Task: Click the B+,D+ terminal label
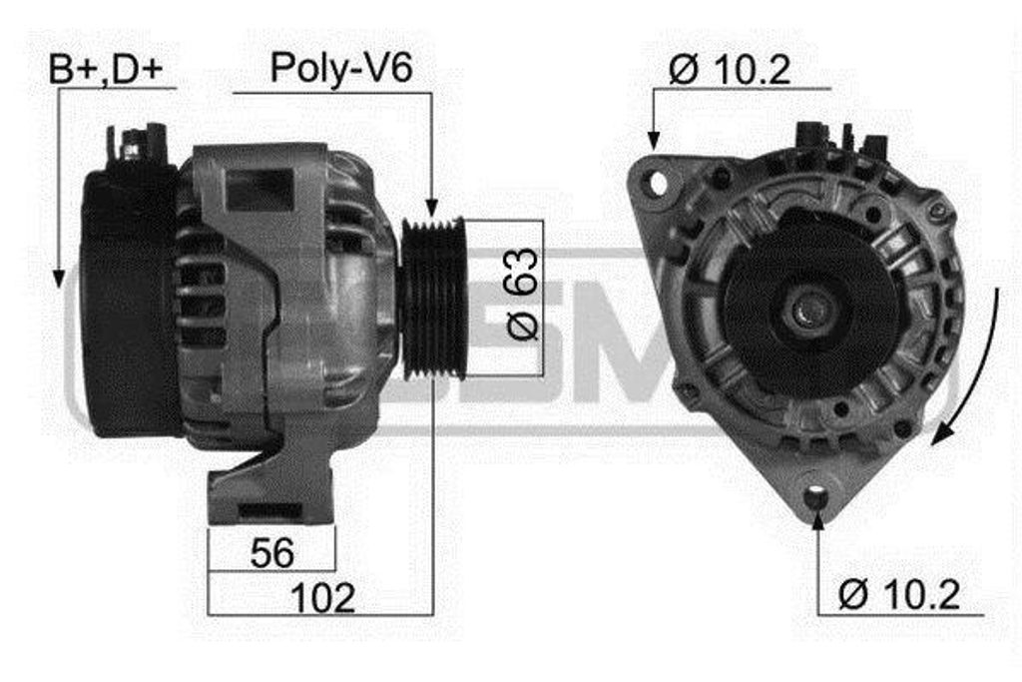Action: point(106,70)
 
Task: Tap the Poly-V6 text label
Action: point(341,68)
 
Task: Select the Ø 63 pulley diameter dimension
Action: point(523,294)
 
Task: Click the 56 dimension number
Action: point(271,552)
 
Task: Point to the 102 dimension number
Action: point(322,598)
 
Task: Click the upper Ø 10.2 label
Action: point(730,69)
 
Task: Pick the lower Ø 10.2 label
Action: point(899,594)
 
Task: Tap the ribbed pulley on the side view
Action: point(433,299)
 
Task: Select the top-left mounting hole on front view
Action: point(658,183)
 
